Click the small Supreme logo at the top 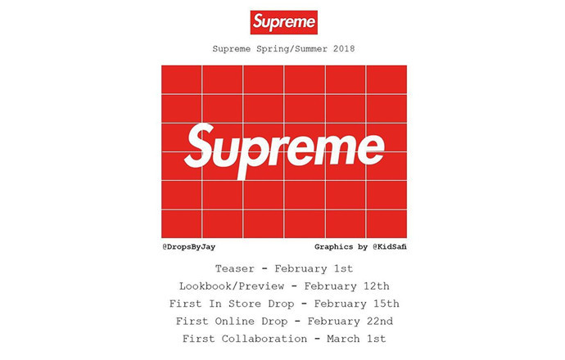pyautogui.click(x=283, y=21)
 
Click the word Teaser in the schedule pyautogui.click(x=235, y=268)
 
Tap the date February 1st pyautogui.click(x=314, y=268)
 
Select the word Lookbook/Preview pyautogui.click(x=233, y=286)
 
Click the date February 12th pyautogui.click(x=347, y=286)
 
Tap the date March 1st pyautogui.click(x=355, y=339)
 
